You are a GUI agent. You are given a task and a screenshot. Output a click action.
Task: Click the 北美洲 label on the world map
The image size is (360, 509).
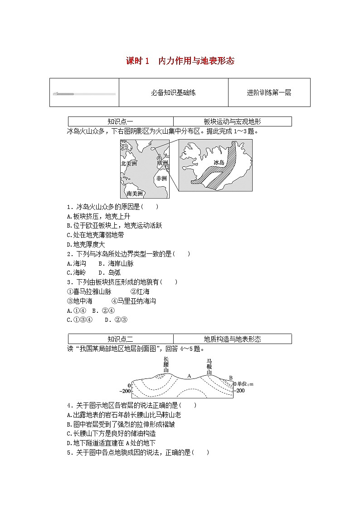pyautogui.click(x=131, y=164)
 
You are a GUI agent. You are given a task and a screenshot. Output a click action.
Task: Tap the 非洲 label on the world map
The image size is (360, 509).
pyautogui.click(x=161, y=178)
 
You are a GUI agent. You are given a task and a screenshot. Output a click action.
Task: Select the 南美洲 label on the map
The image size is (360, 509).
pyautogui.click(x=135, y=194)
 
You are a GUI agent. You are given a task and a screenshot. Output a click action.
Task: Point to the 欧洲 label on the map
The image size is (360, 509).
pyautogui.click(x=162, y=163)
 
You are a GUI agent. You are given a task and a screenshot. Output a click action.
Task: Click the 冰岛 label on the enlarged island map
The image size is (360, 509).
pyautogui.click(x=219, y=162)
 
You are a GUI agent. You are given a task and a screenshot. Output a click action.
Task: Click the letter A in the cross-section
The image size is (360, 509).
pyautogui.click(x=189, y=375)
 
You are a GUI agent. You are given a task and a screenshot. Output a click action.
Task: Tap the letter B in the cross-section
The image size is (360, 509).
pyautogui.click(x=230, y=378)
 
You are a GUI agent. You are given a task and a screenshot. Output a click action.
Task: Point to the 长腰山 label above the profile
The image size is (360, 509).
pyautogui.click(x=166, y=364)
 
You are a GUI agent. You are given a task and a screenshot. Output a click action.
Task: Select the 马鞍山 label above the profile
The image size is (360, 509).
pyautogui.click(x=209, y=366)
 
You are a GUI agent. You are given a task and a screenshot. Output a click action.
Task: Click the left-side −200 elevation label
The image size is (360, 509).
pyautogui.click(x=125, y=391)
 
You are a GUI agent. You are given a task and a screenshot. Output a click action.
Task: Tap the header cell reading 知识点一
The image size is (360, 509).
pyautogui.click(x=120, y=121)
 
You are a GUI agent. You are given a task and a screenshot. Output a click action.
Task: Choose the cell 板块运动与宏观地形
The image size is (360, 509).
pyautogui.click(x=232, y=121)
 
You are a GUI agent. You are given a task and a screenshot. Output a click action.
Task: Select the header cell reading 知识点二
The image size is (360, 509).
pyautogui.click(x=120, y=339)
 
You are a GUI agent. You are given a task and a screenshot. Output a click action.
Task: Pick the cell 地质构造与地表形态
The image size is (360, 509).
pyautogui.click(x=232, y=339)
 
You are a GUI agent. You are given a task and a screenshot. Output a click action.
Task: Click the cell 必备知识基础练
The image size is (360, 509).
pyautogui.click(x=173, y=92)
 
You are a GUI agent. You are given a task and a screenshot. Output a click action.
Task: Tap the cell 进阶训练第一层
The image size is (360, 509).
pyautogui.click(x=269, y=92)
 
